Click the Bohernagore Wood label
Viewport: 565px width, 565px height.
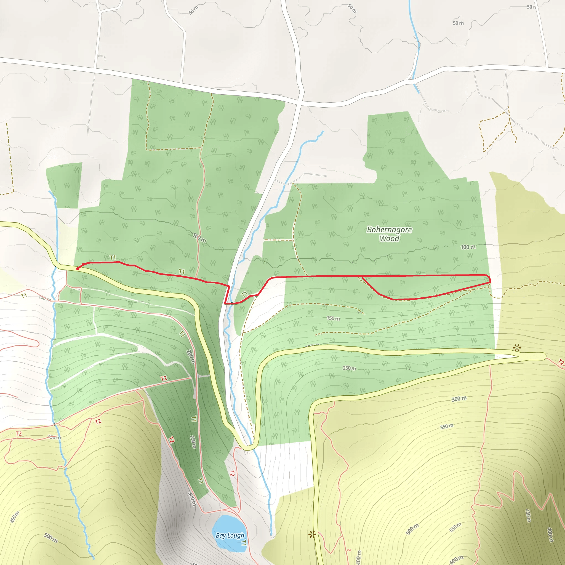pyautogui.click(x=389, y=234)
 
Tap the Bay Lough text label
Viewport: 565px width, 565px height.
pyautogui.click(x=230, y=535)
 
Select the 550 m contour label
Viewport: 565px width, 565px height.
pyautogui.click(x=455, y=527)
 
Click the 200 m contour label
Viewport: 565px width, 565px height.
pyautogui.click(x=190, y=356)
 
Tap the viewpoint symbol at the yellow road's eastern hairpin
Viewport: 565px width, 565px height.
pyautogui.click(x=517, y=348)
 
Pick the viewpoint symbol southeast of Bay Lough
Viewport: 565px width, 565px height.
pyautogui.click(x=312, y=535)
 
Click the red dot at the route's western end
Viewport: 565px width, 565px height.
pyautogui.click(x=78, y=268)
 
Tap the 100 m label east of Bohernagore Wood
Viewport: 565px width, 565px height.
pyautogui.click(x=468, y=247)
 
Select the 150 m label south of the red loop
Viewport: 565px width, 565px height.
pyautogui.click(x=333, y=318)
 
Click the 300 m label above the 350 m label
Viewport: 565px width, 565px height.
pyautogui.click(x=459, y=399)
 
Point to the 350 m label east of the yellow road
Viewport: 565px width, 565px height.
pyautogui.click(x=447, y=427)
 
